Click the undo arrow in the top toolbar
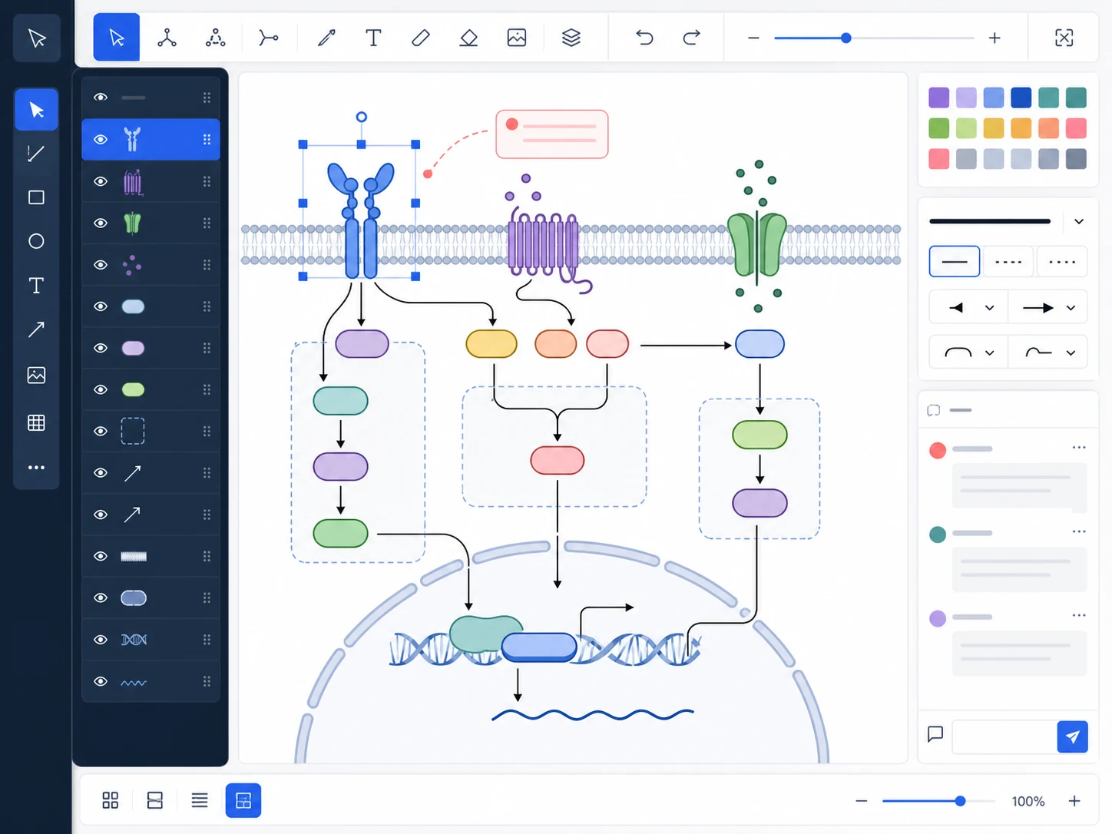(x=644, y=38)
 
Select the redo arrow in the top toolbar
(x=691, y=38)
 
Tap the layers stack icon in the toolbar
(x=571, y=38)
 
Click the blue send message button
(x=1072, y=736)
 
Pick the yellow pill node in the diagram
(x=491, y=344)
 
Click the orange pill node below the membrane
(x=556, y=344)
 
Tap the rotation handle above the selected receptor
(x=361, y=117)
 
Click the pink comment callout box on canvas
(x=551, y=134)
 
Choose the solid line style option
(x=954, y=261)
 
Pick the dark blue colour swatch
(x=1021, y=98)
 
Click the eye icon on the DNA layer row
(x=101, y=640)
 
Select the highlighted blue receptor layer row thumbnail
(x=132, y=139)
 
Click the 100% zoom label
(x=1028, y=801)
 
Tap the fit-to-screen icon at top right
(x=1064, y=38)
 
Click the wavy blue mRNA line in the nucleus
(x=593, y=714)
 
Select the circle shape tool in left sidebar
(x=36, y=241)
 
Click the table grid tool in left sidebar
(x=36, y=422)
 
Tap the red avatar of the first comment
(x=937, y=450)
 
